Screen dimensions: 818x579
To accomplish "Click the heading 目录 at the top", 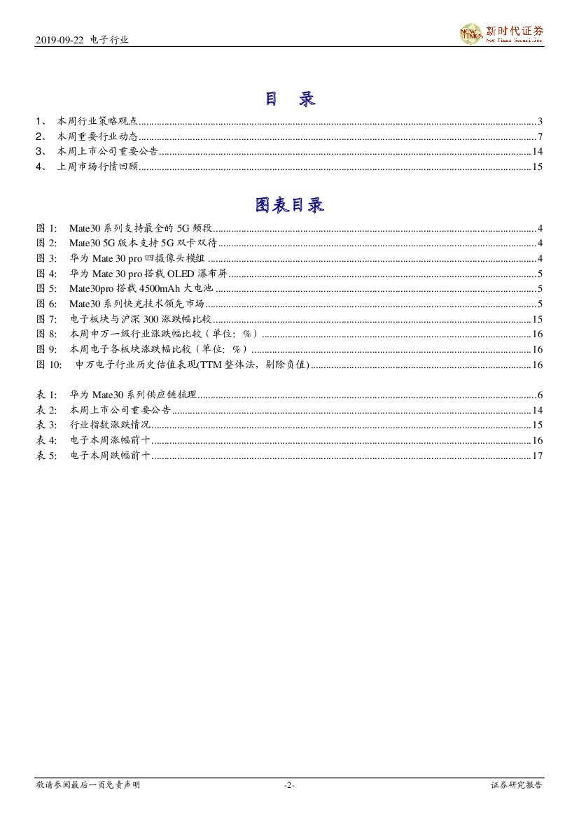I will pyautogui.click(x=289, y=99).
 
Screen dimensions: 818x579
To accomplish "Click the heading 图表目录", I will pyautogui.click(x=289, y=206).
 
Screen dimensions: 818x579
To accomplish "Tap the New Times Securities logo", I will pyautogui.click(x=501, y=34).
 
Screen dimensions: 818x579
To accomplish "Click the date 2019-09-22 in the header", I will pyautogui.click(x=60, y=41).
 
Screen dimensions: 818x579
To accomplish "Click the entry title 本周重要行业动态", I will pyautogui.click(x=97, y=136).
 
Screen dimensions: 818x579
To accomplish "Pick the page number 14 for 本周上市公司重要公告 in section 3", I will pyautogui.click(x=537, y=152).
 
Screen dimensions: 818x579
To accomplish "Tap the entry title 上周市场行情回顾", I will pyautogui.click(x=97, y=167).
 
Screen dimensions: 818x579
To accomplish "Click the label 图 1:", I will pyautogui.click(x=48, y=228).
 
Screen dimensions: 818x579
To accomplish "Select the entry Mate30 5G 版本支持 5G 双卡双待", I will pyautogui.click(x=144, y=244).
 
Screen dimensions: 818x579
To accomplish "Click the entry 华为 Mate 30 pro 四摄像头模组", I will pyautogui.click(x=137, y=258).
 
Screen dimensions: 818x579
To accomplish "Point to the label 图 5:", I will pyautogui.click(x=48, y=288).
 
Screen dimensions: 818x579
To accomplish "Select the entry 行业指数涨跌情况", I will pyautogui.click(x=110, y=425).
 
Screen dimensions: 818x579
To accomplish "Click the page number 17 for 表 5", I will pyautogui.click(x=537, y=456).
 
